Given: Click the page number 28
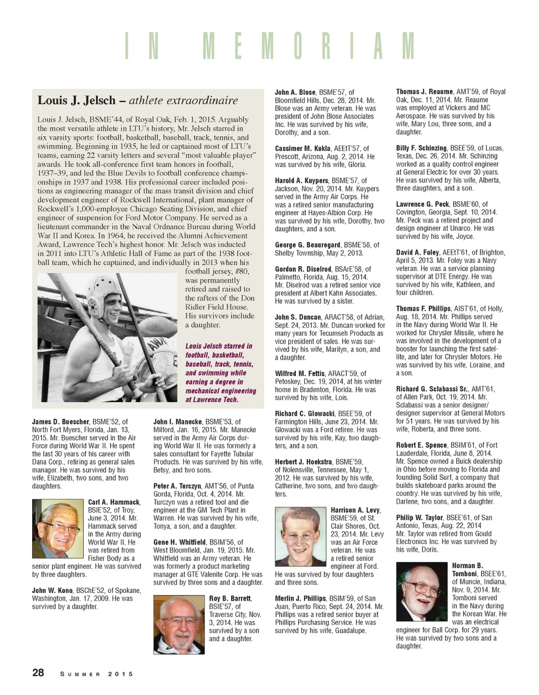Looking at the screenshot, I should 38,672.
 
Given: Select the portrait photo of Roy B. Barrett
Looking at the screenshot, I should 179,625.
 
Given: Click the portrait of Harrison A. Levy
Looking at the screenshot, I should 301,537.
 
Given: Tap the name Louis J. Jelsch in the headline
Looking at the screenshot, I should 76,100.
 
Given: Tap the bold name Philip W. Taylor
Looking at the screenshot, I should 420,518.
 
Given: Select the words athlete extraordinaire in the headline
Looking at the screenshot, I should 183,100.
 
